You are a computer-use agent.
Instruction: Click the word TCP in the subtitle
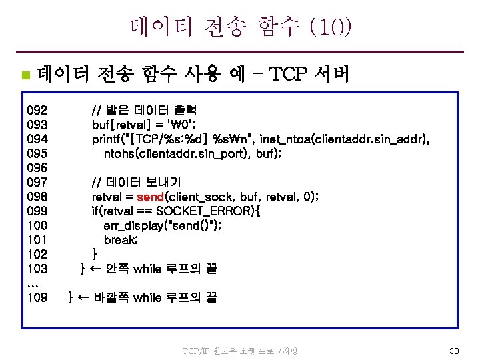click(x=289, y=73)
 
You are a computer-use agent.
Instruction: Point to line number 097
click(x=37, y=182)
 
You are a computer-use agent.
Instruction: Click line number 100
click(x=37, y=225)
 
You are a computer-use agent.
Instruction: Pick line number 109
click(x=37, y=298)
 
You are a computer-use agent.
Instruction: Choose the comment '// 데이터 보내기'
click(x=136, y=182)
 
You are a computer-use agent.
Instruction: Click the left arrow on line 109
click(x=84, y=298)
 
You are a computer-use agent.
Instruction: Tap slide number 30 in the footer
click(x=454, y=351)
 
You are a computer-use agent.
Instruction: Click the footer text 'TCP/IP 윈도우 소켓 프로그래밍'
click(x=239, y=351)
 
